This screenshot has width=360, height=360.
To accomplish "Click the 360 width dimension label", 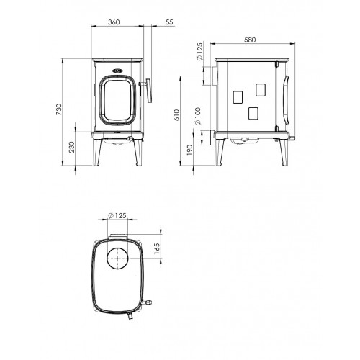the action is pos(114,22).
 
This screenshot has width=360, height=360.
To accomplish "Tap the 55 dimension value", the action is pos(169,22).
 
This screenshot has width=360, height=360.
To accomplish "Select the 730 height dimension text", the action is pos(59,109).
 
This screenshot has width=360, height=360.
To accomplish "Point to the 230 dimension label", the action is pos(71,147).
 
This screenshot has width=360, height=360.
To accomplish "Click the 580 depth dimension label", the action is pos(250,40).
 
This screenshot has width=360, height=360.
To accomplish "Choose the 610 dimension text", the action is pos(176,115).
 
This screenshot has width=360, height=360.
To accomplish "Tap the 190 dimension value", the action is pos(189,150).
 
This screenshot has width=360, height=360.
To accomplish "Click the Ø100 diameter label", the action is pos(197,116).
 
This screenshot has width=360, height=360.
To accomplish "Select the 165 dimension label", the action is pos(156,249).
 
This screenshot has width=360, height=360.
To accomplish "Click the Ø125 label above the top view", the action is pos(117,215).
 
